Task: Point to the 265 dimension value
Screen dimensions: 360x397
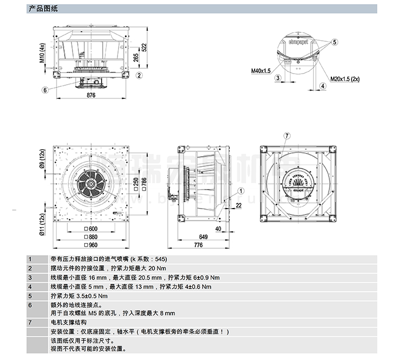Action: pos(136,57)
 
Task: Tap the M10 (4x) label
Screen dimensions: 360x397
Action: pos(42,53)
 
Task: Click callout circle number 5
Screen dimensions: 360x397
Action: pos(335,41)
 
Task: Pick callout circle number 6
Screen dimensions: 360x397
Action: pos(46,89)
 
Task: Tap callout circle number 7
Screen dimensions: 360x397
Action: pos(287,135)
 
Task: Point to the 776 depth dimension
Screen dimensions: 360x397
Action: pos(197,246)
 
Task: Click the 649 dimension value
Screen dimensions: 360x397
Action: pos(204,237)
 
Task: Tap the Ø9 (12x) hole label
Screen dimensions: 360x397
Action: pos(43,159)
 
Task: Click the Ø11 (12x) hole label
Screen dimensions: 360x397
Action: pos(43,218)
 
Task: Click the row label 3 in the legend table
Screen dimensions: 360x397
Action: pos(30,277)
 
